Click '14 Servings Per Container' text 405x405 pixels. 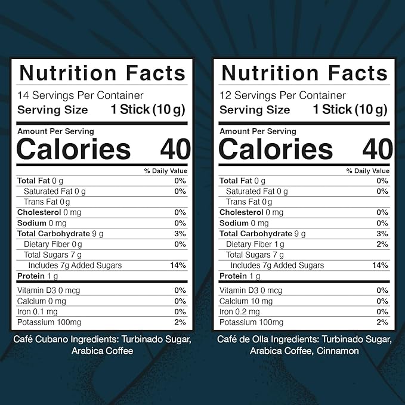(x=80, y=95)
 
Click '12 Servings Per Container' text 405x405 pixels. (x=282, y=95)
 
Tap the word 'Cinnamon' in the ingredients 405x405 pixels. (x=339, y=351)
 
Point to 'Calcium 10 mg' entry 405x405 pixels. (x=246, y=301)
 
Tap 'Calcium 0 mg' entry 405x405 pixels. (x=42, y=301)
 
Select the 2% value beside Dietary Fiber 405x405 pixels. (x=382, y=244)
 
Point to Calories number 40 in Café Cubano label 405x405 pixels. (x=175, y=149)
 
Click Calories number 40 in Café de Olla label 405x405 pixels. (x=378, y=149)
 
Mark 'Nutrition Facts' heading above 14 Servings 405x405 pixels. (x=102, y=73)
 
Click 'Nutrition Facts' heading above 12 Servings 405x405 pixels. (x=304, y=73)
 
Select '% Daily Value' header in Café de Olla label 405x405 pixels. (x=367, y=171)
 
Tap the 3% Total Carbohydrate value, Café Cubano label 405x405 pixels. (x=180, y=233)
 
